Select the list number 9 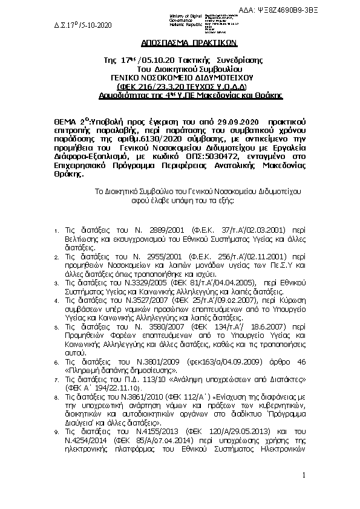coord(56,433)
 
